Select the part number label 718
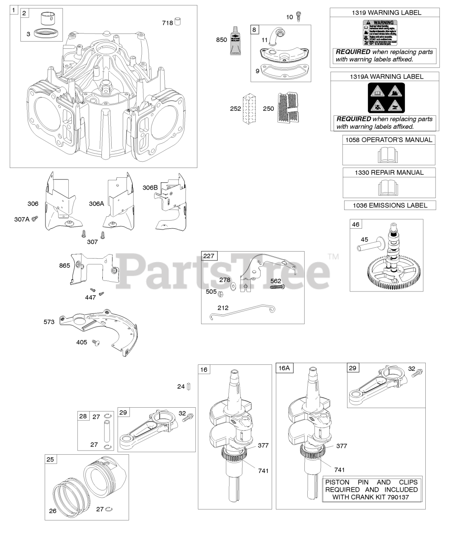[x=167, y=22]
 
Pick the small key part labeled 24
[x=188, y=386]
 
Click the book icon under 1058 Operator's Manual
[x=388, y=155]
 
